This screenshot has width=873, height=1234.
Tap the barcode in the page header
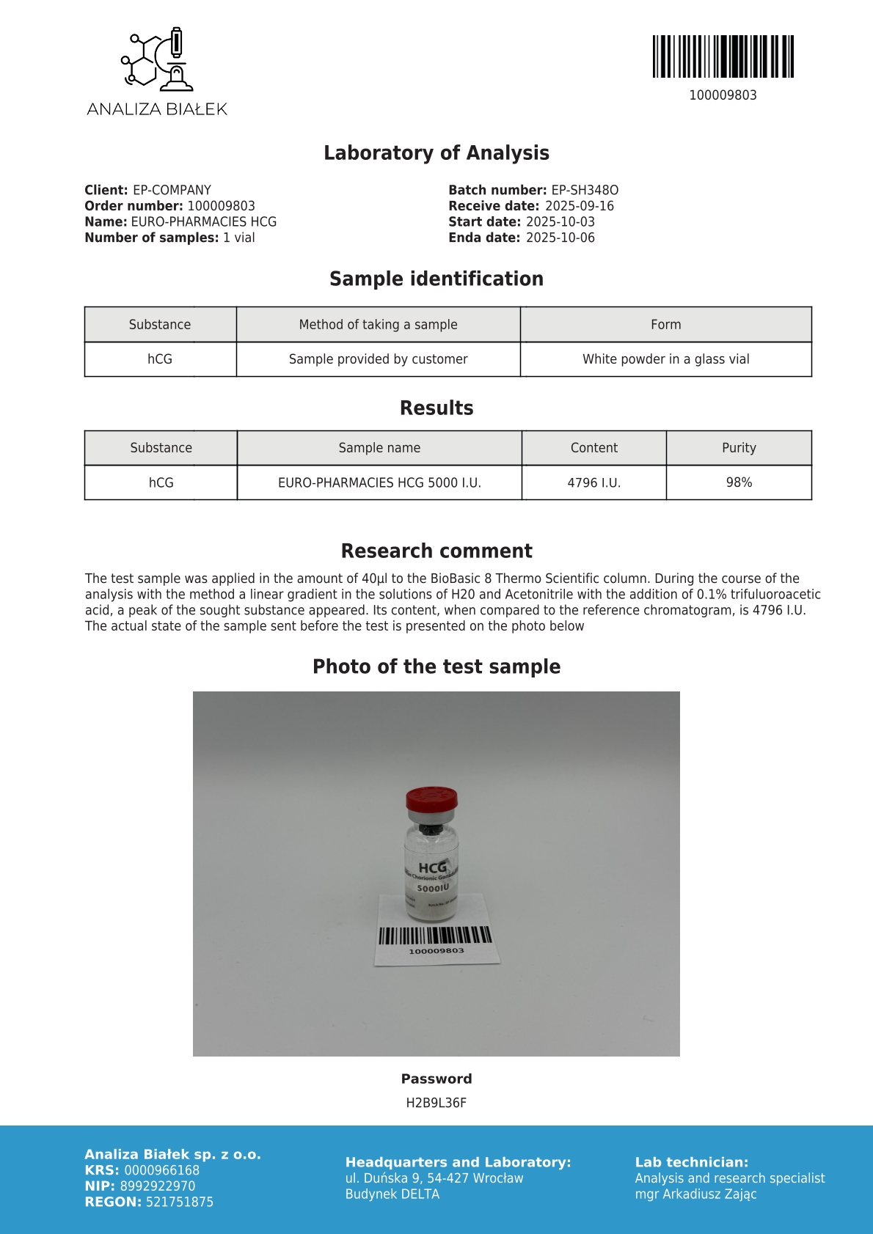click(723, 56)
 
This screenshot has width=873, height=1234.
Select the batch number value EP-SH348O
click(585, 190)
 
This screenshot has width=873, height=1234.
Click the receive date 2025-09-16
click(579, 206)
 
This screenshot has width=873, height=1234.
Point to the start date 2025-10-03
click(560, 221)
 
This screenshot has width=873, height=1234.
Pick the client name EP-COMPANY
click(172, 190)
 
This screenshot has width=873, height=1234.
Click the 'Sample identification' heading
click(436, 279)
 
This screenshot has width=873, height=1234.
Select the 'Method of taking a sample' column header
click(378, 324)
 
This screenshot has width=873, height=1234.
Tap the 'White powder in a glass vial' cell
click(665, 359)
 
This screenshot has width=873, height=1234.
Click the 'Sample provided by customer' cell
click(378, 359)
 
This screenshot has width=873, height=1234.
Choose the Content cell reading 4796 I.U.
click(593, 482)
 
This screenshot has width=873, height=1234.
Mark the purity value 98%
click(739, 482)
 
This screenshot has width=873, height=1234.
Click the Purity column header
click(739, 447)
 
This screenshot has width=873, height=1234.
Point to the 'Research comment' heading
click(436, 551)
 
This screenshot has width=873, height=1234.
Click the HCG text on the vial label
click(432, 867)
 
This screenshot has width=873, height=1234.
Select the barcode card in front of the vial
click(436, 942)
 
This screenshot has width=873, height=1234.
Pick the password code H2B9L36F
click(436, 1103)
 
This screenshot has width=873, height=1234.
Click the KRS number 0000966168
click(161, 1170)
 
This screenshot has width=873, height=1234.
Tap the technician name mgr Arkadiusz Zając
click(695, 1194)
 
